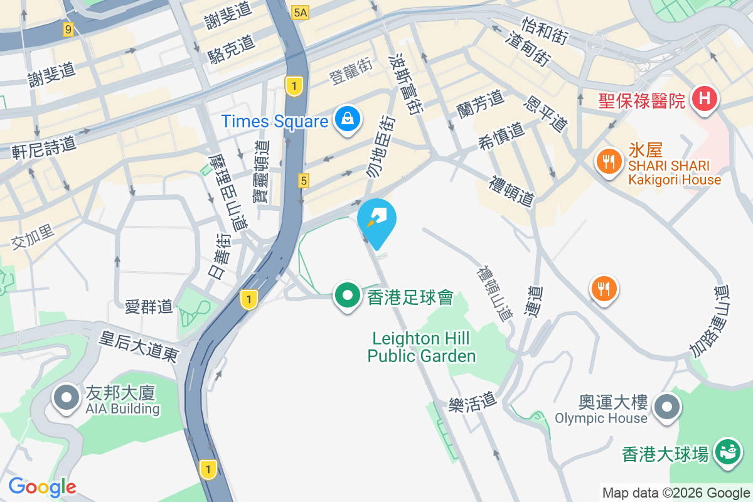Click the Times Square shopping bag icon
[346, 119]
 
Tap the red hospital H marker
[705, 99]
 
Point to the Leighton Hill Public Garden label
[422, 348]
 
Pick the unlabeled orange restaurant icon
[603, 289]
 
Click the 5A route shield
[301, 11]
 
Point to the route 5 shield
[304, 181]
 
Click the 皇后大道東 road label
[139, 346]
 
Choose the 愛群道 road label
[149, 307]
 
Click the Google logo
[42, 487]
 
